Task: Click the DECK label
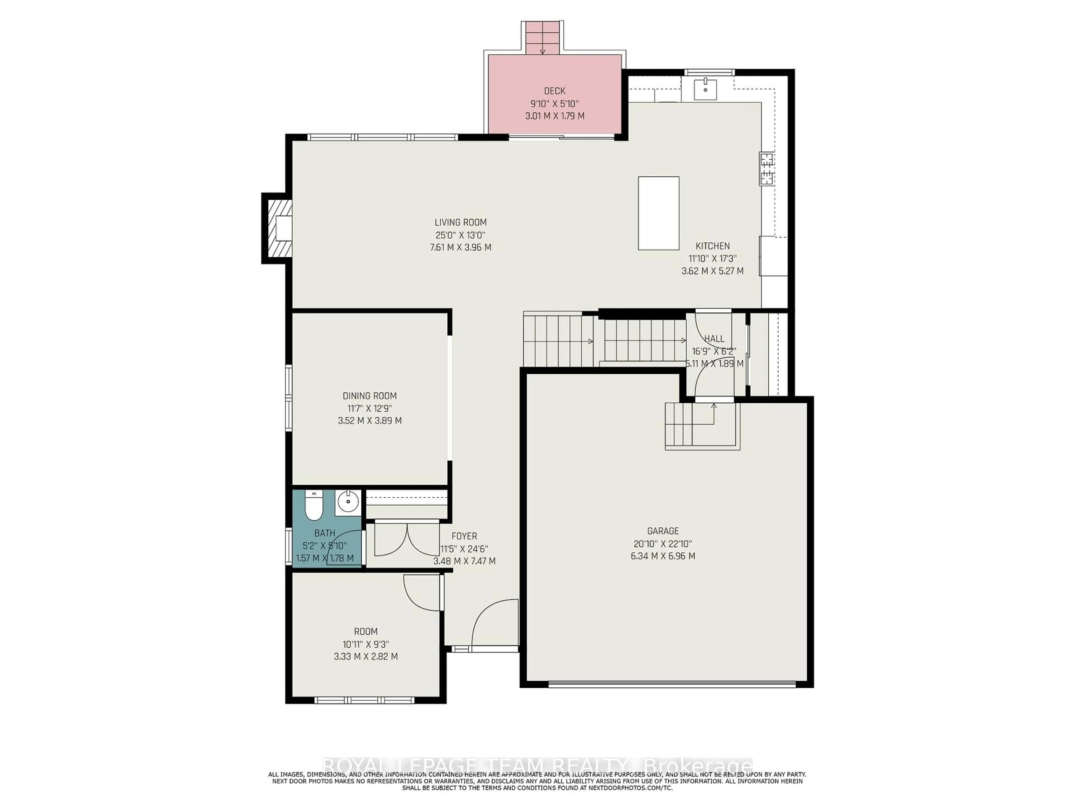tap(555, 91)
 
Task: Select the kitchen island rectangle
tap(658, 213)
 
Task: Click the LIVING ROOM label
tap(460, 222)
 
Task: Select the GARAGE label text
tap(662, 531)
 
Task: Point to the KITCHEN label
tap(712, 246)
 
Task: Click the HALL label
tap(714, 339)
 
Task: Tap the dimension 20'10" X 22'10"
tap(662, 544)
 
